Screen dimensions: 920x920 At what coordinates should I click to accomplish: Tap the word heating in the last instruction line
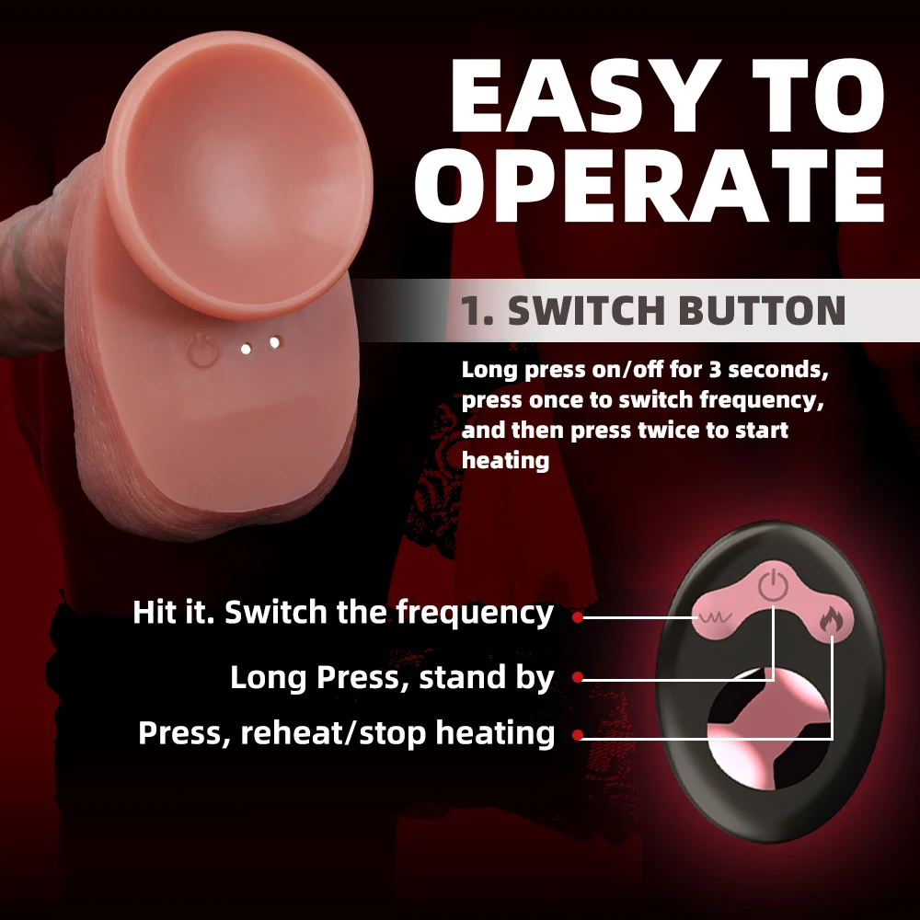(506, 460)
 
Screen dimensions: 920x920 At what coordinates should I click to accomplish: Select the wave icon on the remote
(711, 618)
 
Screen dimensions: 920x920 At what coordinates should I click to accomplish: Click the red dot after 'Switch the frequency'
(577, 617)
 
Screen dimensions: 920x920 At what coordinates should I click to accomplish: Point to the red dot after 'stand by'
(577, 678)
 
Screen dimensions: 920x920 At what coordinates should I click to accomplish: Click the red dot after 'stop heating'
(577, 735)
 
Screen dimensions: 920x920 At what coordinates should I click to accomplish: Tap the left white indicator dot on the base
(246, 349)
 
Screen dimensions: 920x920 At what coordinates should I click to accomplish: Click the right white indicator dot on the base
(274, 343)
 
